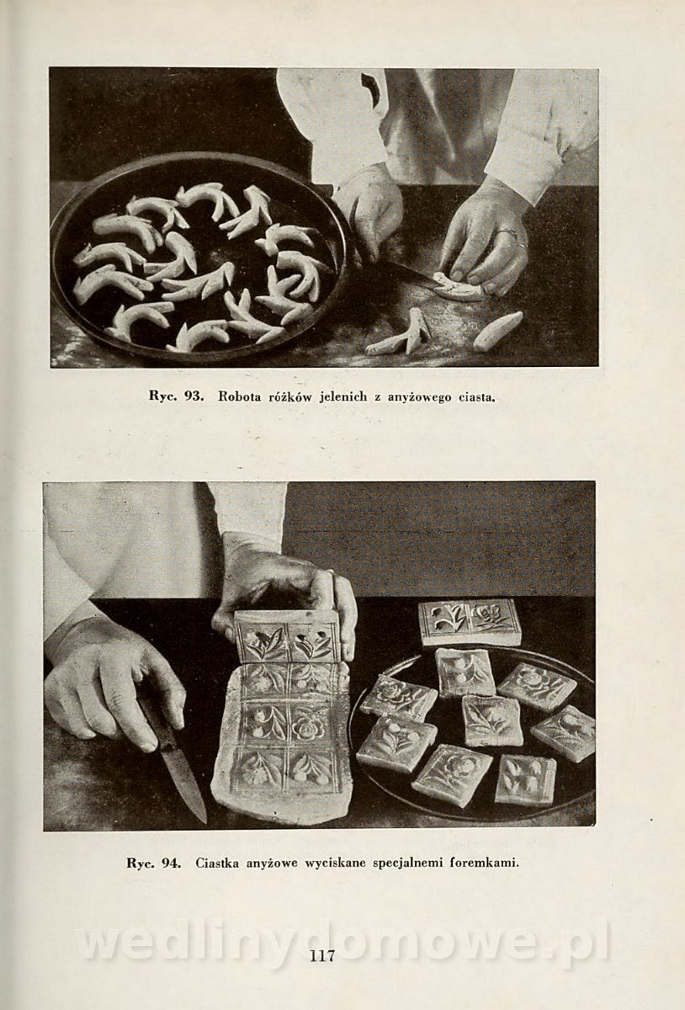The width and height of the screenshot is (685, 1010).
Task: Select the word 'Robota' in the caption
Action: [x=236, y=396]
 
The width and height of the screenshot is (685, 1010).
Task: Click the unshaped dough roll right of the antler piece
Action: [x=498, y=330]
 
